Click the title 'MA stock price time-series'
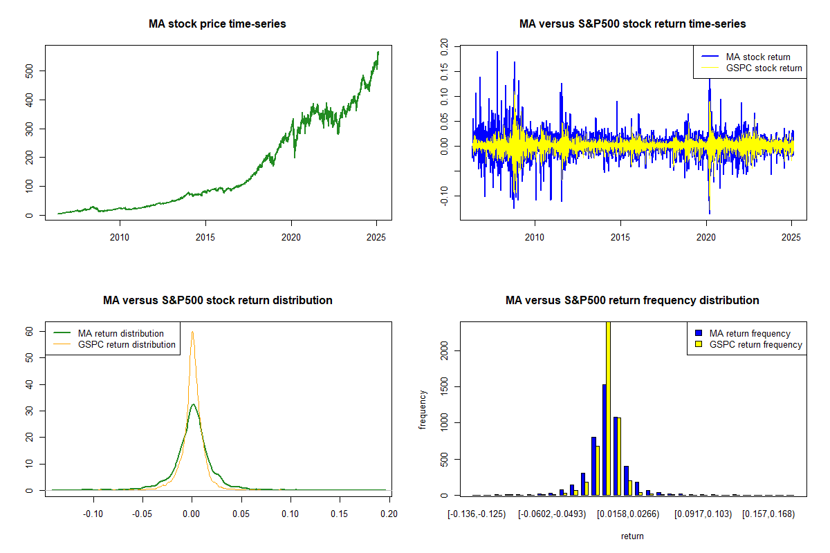pyautogui.click(x=217, y=24)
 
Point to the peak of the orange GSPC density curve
pyautogui.click(x=192, y=332)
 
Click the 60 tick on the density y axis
pyautogui.click(x=30, y=331)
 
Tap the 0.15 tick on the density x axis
pyautogui.click(x=340, y=514)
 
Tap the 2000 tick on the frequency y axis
pyautogui.click(x=444, y=351)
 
